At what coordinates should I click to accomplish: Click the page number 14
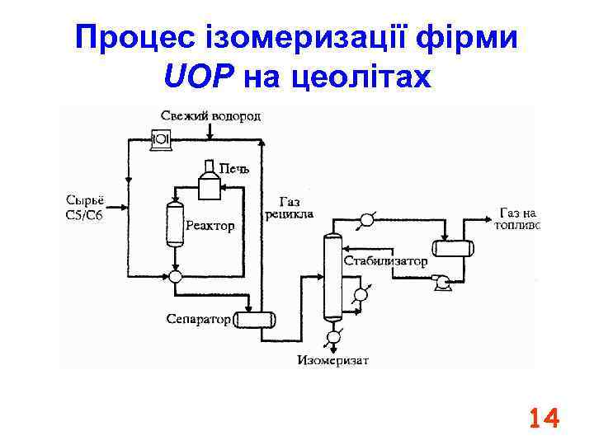point(544,419)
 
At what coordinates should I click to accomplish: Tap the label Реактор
point(210,225)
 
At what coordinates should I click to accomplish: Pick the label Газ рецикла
point(289,208)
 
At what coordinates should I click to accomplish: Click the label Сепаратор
point(198,319)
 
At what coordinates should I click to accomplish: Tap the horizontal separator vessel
point(254,319)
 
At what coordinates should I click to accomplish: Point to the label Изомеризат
point(333,360)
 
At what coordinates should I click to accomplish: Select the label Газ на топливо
point(518,218)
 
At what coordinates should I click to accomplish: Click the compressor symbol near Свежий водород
point(162,141)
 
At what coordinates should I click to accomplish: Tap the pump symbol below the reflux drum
point(443,283)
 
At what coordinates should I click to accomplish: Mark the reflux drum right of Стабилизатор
point(453,248)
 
